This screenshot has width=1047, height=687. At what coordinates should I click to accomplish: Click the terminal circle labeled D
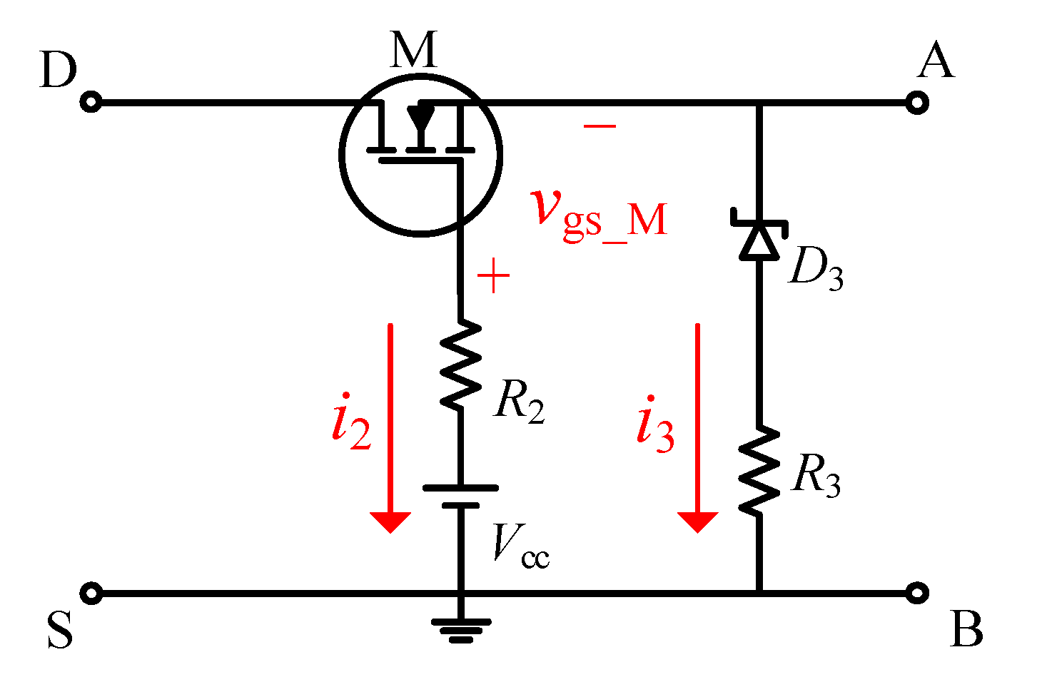tap(91, 103)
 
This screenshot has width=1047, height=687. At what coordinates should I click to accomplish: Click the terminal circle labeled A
tap(916, 103)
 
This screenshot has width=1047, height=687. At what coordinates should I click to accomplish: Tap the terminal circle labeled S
tap(91, 593)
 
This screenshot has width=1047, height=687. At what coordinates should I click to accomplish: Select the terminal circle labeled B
tap(916, 593)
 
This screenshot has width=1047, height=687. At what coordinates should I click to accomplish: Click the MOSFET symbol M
tap(420, 154)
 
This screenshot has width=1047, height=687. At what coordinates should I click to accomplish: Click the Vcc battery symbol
tap(460, 497)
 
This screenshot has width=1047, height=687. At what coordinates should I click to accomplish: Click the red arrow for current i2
tap(390, 428)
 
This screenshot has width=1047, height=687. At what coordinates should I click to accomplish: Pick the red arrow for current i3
tap(697, 428)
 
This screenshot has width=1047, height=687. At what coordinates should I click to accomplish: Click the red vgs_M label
tap(600, 214)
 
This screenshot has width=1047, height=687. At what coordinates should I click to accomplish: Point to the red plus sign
tap(493, 277)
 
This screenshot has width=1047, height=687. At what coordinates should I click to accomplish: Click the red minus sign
tap(600, 126)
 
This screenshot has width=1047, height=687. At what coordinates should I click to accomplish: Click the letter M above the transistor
tap(414, 50)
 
